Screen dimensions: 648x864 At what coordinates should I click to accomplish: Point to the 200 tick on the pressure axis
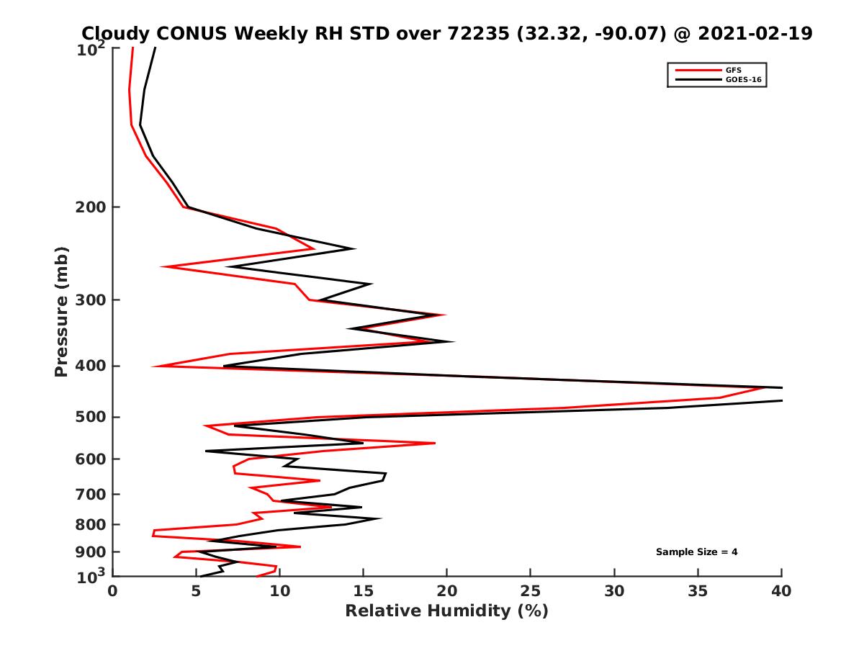[x=91, y=207]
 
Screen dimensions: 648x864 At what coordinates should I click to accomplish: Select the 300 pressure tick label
[x=91, y=300]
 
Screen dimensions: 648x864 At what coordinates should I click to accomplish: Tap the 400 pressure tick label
[x=91, y=366]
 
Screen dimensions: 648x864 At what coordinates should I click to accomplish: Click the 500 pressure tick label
[x=91, y=417]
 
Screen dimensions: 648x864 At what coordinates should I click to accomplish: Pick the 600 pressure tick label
[x=91, y=459]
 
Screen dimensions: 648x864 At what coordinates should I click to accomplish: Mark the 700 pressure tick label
[x=91, y=494]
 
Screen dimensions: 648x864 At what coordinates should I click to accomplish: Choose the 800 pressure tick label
[x=91, y=524]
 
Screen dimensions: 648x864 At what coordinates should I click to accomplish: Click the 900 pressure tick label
[x=91, y=552]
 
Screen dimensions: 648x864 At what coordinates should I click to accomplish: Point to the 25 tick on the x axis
[x=531, y=591]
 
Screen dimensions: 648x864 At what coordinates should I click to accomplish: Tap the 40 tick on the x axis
[x=781, y=591]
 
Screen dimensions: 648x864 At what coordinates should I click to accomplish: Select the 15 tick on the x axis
[x=363, y=591]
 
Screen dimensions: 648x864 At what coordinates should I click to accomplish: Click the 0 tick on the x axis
[x=113, y=591]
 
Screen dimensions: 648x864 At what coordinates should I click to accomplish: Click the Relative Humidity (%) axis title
[x=446, y=611]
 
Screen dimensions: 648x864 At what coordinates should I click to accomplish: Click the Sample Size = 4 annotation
[x=696, y=552]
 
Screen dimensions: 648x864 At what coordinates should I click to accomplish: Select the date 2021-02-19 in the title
[x=751, y=33]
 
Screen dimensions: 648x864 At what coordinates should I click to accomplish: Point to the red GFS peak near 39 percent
[x=764, y=387]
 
